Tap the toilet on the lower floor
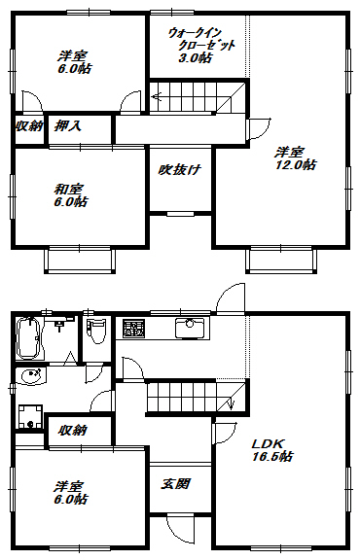tap(94, 336)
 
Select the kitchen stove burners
tap(133, 329)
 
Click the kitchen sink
tap(187, 328)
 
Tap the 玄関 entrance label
tap(175, 483)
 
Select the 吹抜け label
tap(179, 169)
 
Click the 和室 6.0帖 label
tap(70, 195)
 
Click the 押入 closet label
tap(67, 125)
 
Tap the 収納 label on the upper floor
tap(28, 125)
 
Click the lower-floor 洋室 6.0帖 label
tap(70, 492)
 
